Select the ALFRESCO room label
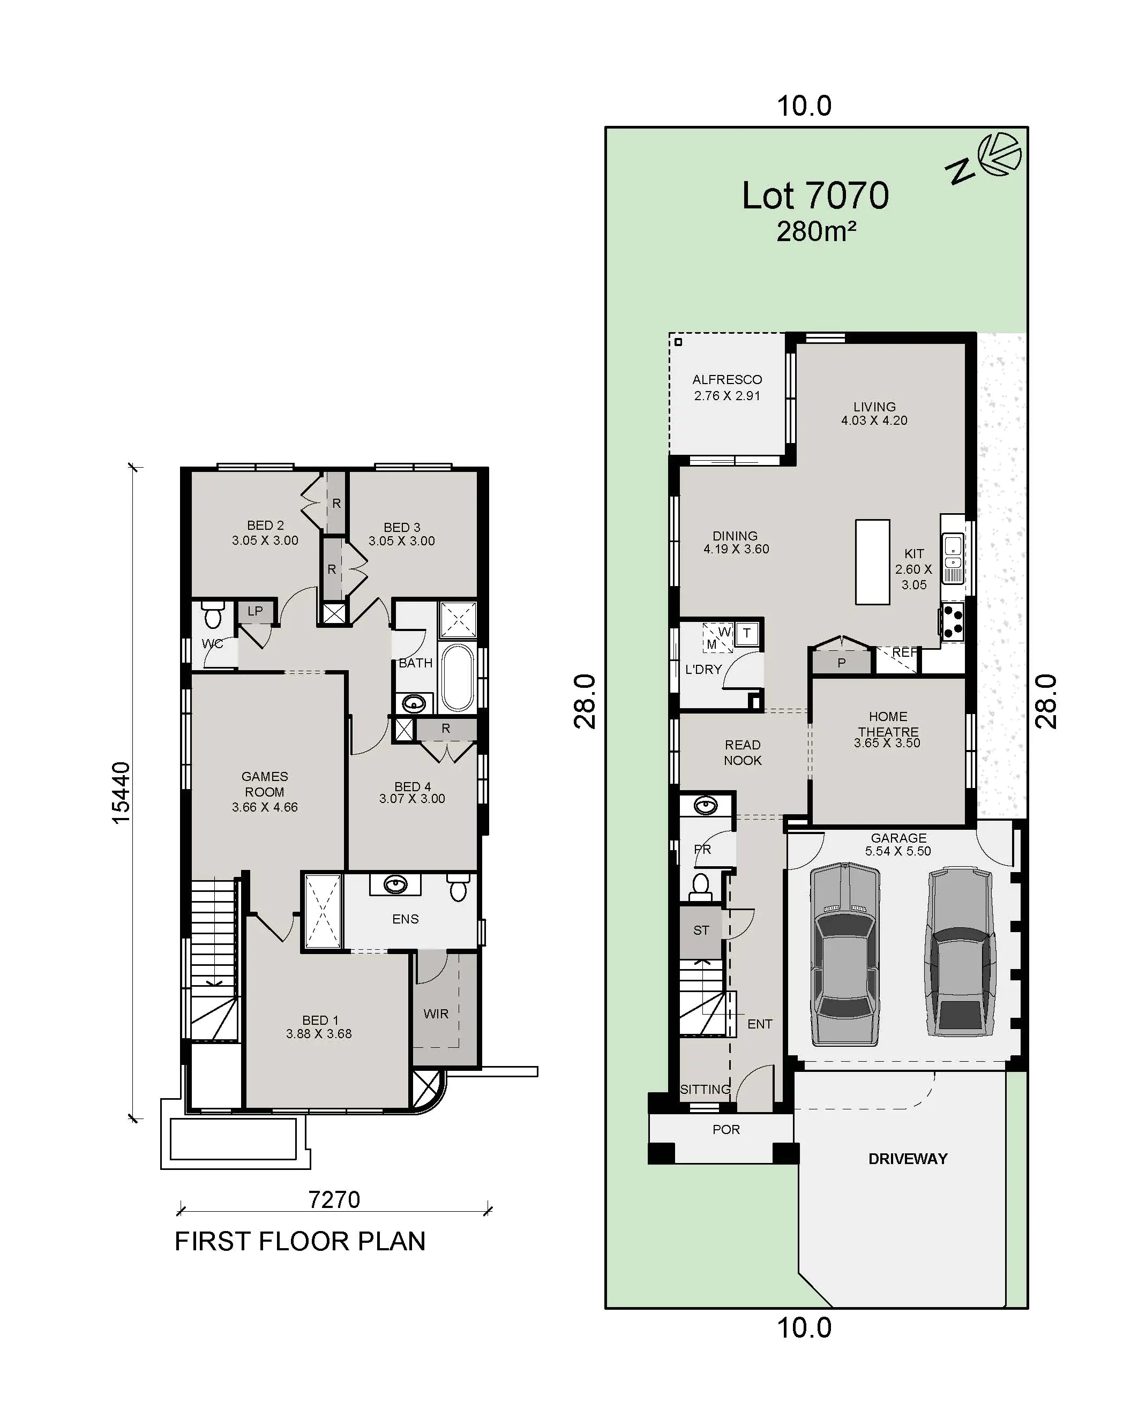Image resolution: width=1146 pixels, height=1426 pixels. (727, 380)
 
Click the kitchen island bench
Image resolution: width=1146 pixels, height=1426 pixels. (872, 562)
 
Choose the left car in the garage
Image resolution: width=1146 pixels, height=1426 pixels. (845, 954)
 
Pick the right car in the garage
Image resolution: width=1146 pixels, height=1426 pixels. (961, 952)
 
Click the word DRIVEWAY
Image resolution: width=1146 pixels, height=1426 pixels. (908, 1158)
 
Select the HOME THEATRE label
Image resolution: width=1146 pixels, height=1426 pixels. (888, 724)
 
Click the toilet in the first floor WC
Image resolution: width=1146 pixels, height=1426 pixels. (212, 614)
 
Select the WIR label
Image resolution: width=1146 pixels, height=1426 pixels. (436, 1014)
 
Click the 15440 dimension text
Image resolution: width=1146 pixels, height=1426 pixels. (121, 792)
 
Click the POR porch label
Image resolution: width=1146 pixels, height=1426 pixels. (726, 1129)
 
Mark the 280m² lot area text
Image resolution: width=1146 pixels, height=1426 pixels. (816, 231)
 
